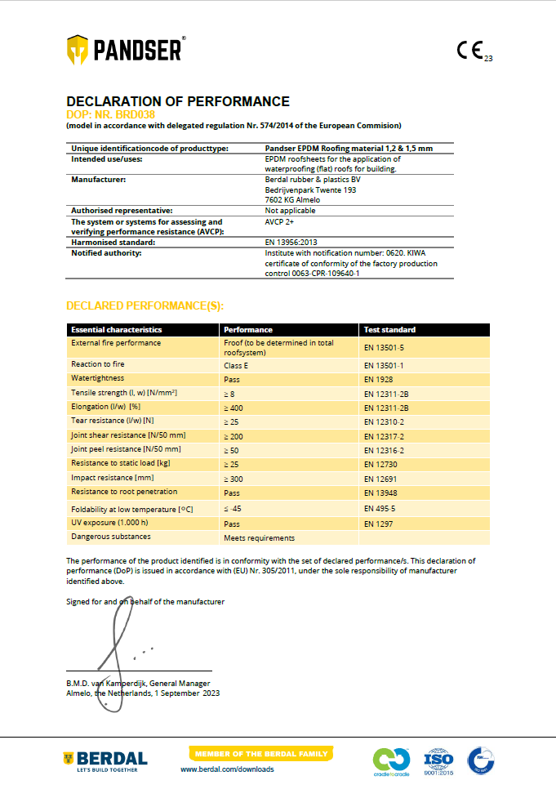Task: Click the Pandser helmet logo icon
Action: pyautogui.click(x=78, y=49)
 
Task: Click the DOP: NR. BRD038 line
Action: pyautogui.click(x=110, y=114)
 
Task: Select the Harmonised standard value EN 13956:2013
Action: pyautogui.click(x=291, y=243)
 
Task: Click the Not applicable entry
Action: pyautogui.click(x=290, y=211)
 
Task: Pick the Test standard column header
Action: pyautogui.click(x=389, y=330)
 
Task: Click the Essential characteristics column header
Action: pyautogui.click(x=116, y=330)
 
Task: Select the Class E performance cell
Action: pyautogui.click(x=236, y=365)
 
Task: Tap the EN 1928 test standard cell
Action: pyautogui.click(x=379, y=380)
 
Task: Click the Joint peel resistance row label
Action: pyautogui.click(x=126, y=449)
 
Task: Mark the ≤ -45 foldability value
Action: pyautogui.click(x=234, y=509)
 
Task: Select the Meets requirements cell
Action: pyautogui.click(x=259, y=538)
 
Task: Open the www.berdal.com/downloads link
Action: pyautogui.click(x=227, y=769)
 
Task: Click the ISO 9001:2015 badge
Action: pyautogui.click(x=438, y=760)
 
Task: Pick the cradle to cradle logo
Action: pyautogui.click(x=390, y=760)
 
